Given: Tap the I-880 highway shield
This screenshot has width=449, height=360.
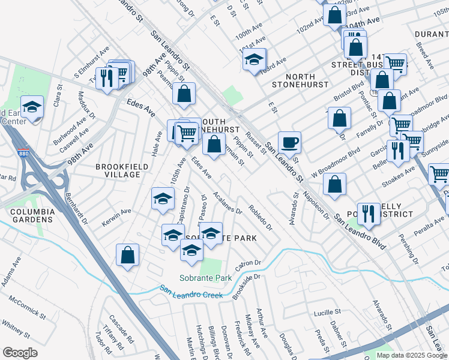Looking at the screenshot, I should coord(23,153).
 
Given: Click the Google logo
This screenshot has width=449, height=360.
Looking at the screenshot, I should coord(20,353).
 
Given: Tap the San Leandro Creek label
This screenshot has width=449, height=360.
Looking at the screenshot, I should coord(191,292).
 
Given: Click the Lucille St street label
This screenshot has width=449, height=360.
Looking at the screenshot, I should coord(327,313).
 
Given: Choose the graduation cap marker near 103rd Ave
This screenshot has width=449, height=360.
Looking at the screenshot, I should coord(255,59).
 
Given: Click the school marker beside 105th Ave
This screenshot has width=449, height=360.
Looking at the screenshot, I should coord(161,199).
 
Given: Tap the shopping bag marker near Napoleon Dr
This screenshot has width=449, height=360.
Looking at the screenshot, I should coord(334,184).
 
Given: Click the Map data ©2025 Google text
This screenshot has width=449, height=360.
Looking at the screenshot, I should coord(411,355).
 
